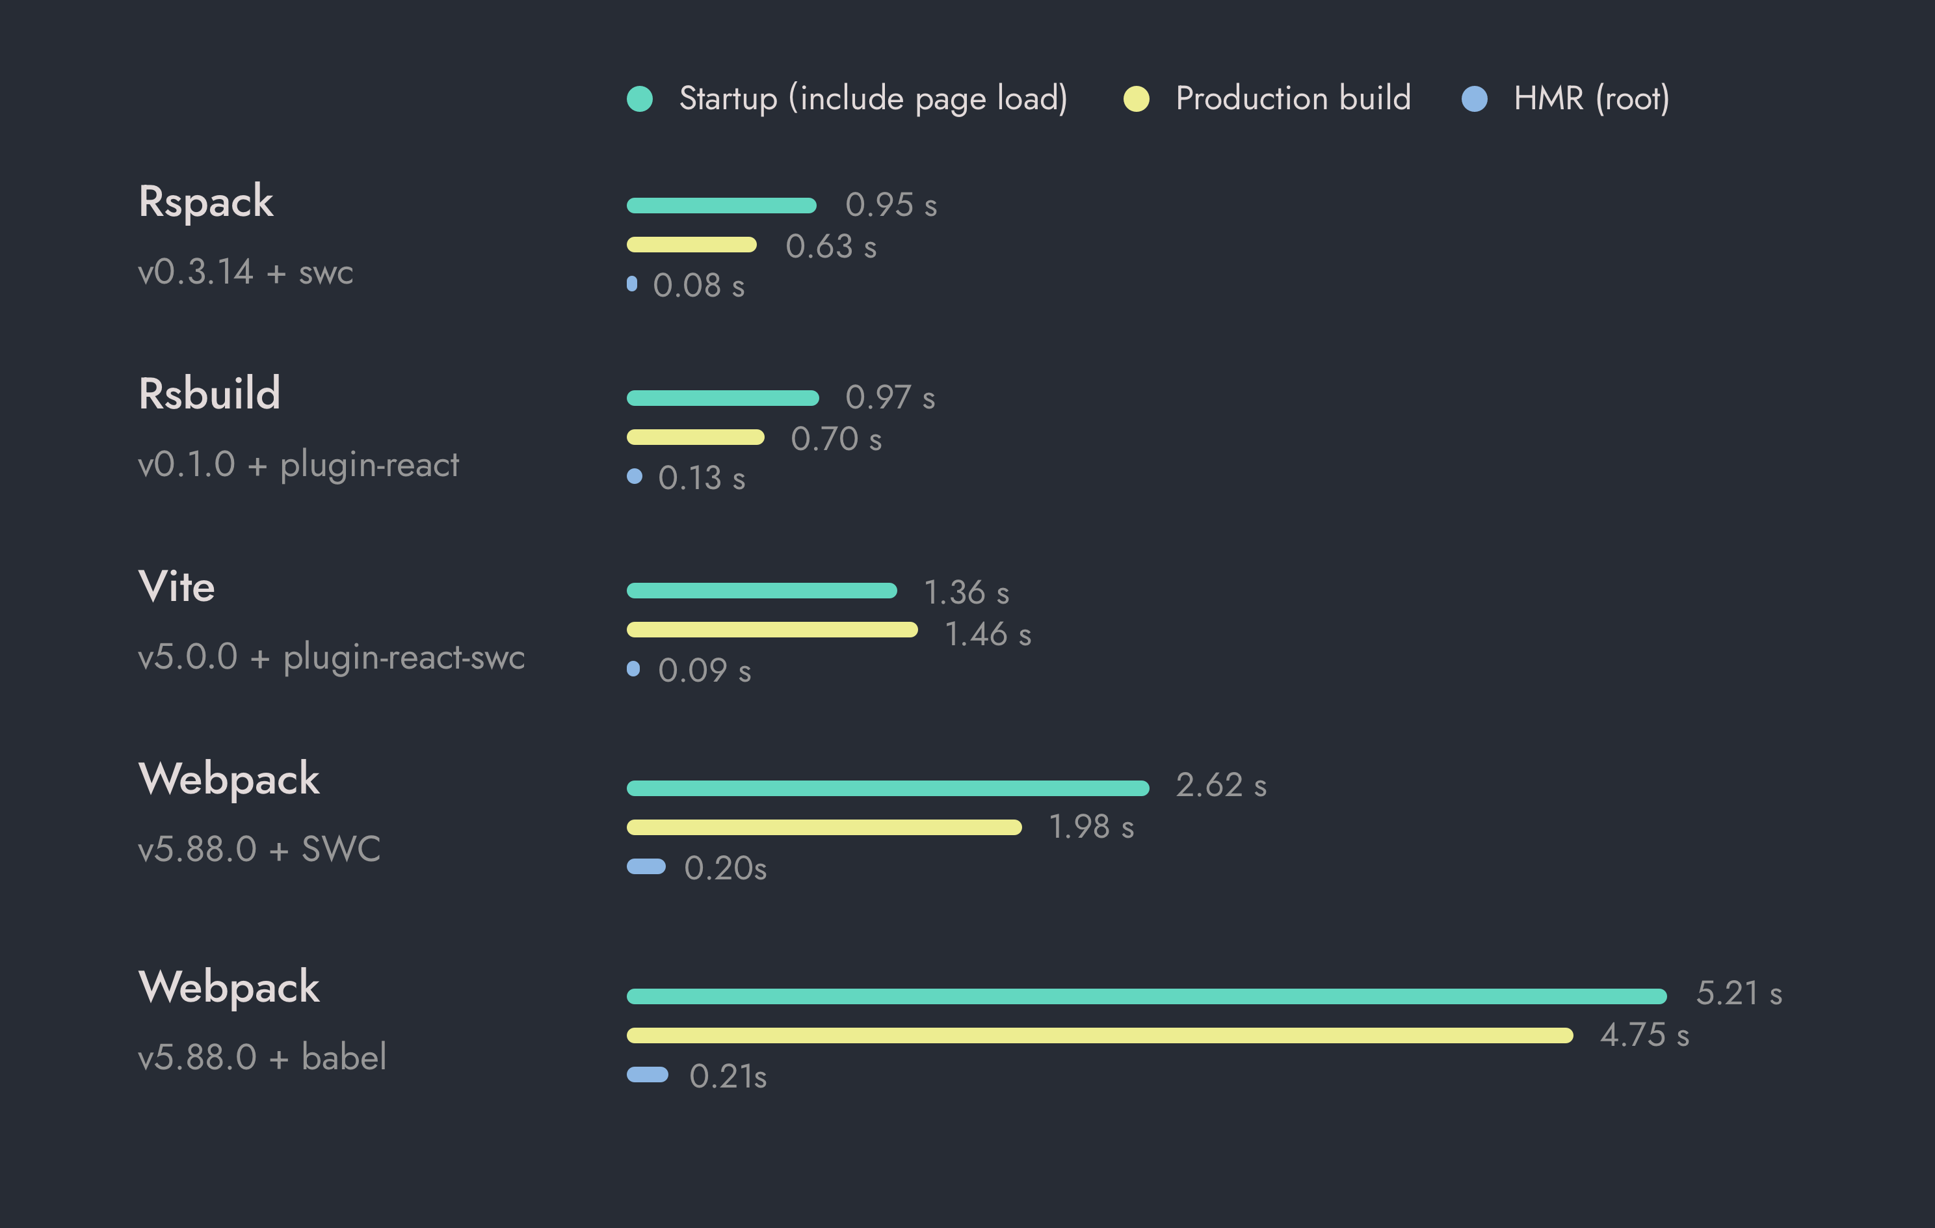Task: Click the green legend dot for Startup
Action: tap(640, 99)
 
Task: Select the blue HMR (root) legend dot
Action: tap(1474, 99)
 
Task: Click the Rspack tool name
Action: tap(205, 201)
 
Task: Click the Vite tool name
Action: tap(177, 586)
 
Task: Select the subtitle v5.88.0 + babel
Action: tap(262, 1057)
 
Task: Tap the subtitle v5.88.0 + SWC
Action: tap(259, 849)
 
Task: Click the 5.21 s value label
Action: tap(1738, 993)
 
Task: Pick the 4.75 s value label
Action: tap(1644, 1035)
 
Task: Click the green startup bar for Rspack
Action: tap(721, 206)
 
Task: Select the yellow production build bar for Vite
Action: tap(771, 629)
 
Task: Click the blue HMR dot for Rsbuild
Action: tap(634, 477)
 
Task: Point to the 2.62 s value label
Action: tap(1220, 785)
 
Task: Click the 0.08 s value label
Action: tap(698, 286)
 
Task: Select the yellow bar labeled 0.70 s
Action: tap(695, 437)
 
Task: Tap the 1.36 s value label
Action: tap(966, 593)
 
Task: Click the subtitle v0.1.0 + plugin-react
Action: tap(298, 464)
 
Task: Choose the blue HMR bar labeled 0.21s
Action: tap(647, 1074)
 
